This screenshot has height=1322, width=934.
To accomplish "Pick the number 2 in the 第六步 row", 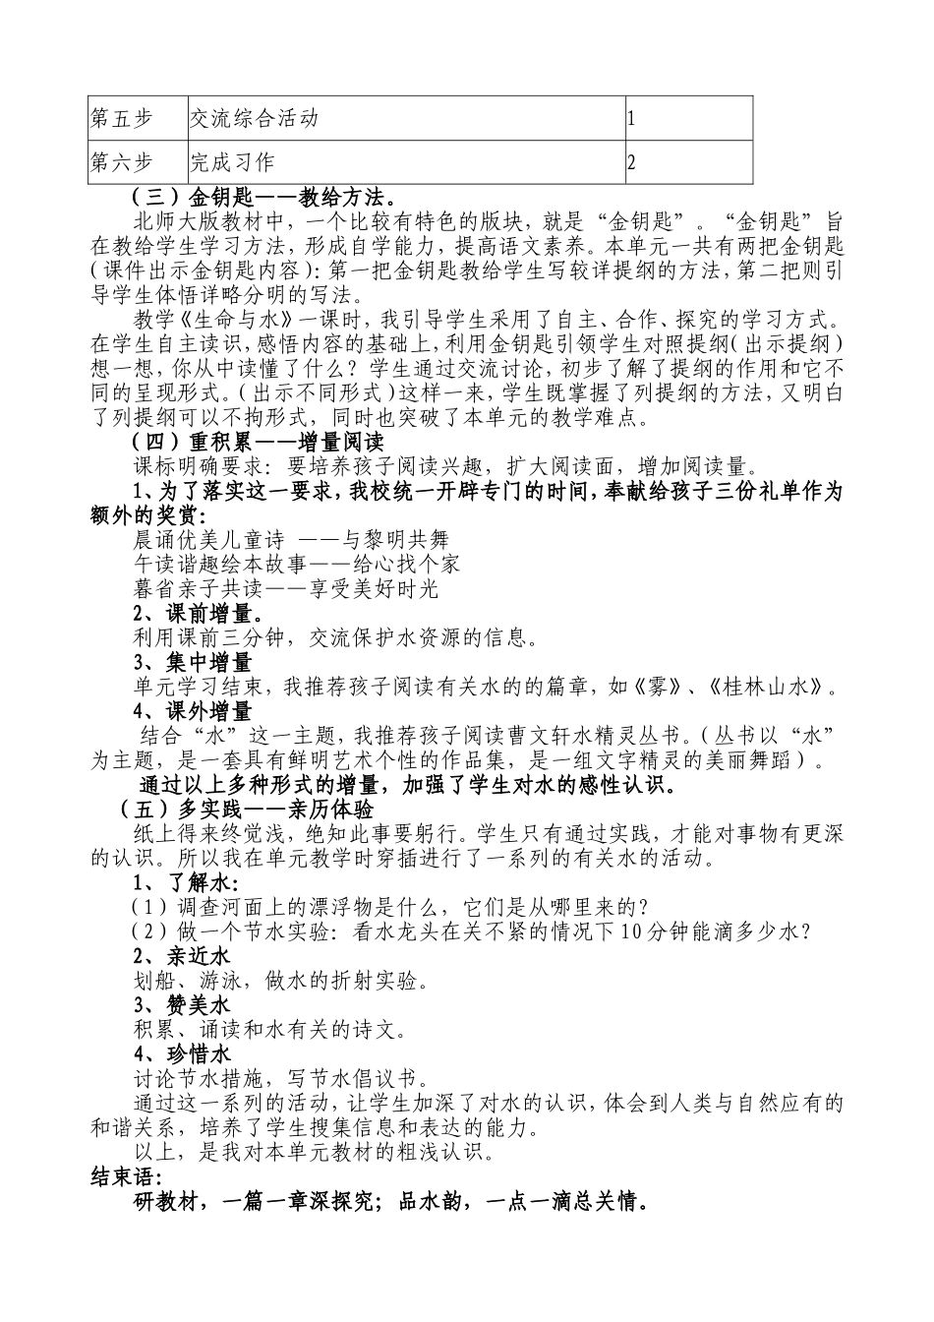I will [x=631, y=163].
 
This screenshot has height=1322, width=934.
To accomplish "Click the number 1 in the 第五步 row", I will [x=631, y=120].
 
